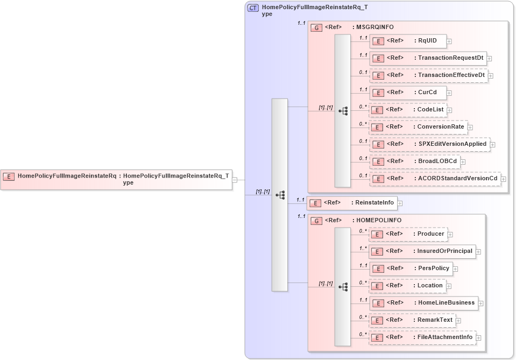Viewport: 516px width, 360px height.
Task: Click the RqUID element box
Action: coord(407,41)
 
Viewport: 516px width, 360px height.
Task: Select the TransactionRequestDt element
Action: coord(427,58)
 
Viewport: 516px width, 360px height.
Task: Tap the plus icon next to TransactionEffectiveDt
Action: coord(491,76)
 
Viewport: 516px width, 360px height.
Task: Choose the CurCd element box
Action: coord(407,93)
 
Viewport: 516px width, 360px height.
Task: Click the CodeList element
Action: coord(407,110)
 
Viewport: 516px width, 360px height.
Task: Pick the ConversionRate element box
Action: coord(418,127)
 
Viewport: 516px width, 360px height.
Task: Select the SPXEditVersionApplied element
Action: coord(429,144)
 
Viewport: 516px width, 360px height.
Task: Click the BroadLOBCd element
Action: coord(414,161)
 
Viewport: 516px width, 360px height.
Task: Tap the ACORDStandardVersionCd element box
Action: coord(434,179)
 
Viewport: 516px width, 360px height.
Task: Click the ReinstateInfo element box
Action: coord(352,203)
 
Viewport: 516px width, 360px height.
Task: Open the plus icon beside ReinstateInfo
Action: coord(400,203)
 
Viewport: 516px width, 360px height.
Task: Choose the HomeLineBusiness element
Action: coord(423,303)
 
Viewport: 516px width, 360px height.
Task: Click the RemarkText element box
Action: coord(412,320)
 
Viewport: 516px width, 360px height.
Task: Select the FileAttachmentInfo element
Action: coord(422,337)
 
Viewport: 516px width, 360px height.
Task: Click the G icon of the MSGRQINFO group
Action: coord(317,27)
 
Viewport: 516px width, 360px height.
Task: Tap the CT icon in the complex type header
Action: coord(253,8)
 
